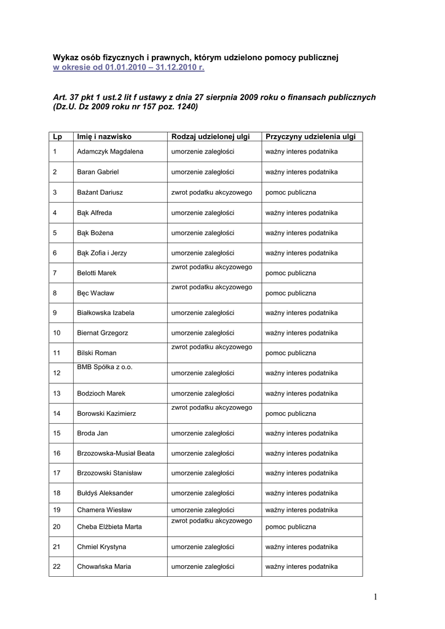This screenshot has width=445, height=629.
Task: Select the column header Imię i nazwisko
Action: pos(104,136)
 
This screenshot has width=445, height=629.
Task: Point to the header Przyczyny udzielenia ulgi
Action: pos(310,136)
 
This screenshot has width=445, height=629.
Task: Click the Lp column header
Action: pos(58,136)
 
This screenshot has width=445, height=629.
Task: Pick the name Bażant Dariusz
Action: pos(100,192)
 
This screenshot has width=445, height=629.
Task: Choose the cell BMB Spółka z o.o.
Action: pos(104,367)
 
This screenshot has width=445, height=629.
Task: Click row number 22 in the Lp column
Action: pos(57,566)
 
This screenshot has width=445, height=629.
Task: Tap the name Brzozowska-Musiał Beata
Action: pos(116,453)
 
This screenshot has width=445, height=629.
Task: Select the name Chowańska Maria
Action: pos(104,566)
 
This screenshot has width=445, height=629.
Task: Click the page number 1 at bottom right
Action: pos(376,596)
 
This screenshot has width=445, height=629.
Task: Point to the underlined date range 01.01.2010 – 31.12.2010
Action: pos(154,68)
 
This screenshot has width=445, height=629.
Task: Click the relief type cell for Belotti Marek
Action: pos(212,268)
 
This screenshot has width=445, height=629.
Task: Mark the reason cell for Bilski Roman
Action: pos(291,353)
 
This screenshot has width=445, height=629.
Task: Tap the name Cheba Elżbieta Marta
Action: pos(109,527)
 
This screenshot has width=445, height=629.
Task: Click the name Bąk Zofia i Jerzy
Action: pos(102,252)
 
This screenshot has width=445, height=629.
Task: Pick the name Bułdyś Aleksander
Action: pos(105,493)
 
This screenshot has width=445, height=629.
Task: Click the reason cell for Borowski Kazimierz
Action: pos(291,414)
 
